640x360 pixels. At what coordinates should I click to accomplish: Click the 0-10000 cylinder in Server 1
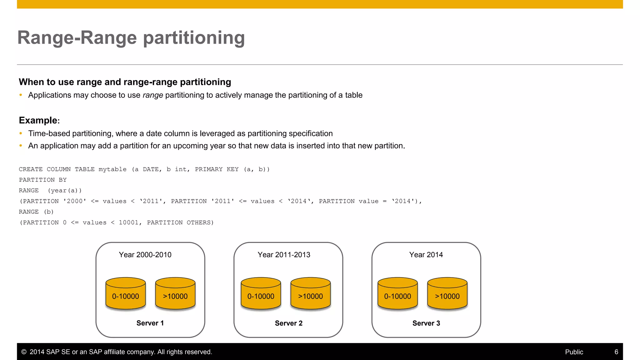pos(126,294)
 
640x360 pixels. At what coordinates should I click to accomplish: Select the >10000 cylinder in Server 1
pos(175,294)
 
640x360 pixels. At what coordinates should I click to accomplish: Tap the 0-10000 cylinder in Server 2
pos(261,294)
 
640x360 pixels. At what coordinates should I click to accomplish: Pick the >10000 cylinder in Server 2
pos(311,294)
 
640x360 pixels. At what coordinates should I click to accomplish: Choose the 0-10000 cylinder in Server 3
pos(397,294)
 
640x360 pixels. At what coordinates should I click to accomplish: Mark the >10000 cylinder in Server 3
pos(447,294)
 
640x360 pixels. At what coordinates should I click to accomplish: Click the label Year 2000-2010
pos(145,255)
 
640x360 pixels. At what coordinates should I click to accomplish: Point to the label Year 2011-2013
pos(284,255)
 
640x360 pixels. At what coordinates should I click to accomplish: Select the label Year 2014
pos(426,255)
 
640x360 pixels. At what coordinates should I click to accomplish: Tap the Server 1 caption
pos(150,323)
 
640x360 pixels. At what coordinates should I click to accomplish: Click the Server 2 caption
pos(288,323)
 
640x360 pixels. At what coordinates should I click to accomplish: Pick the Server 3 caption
pos(426,323)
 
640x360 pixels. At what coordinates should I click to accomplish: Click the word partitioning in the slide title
pos(194,38)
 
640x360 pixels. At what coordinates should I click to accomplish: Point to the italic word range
pos(153,95)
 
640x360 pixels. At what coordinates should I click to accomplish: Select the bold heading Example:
pos(39,120)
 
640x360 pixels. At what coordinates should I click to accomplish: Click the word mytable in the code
pos(112,169)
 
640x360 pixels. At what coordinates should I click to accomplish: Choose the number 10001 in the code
pos(128,222)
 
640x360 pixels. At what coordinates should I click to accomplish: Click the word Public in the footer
pos(574,352)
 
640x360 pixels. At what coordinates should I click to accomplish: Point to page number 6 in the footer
pos(616,352)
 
